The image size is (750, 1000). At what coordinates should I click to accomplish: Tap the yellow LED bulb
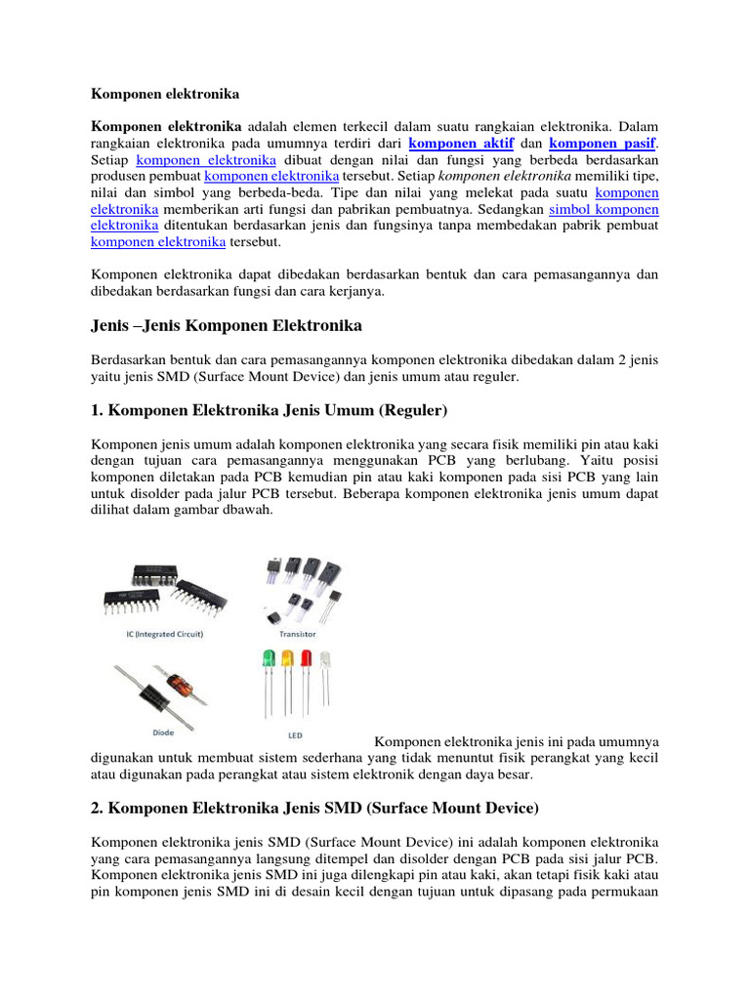(287, 659)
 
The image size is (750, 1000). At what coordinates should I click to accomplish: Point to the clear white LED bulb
(325, 659)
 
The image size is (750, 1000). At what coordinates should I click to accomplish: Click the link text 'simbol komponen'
(604, 209)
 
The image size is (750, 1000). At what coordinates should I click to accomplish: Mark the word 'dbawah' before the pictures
(249, 510)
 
